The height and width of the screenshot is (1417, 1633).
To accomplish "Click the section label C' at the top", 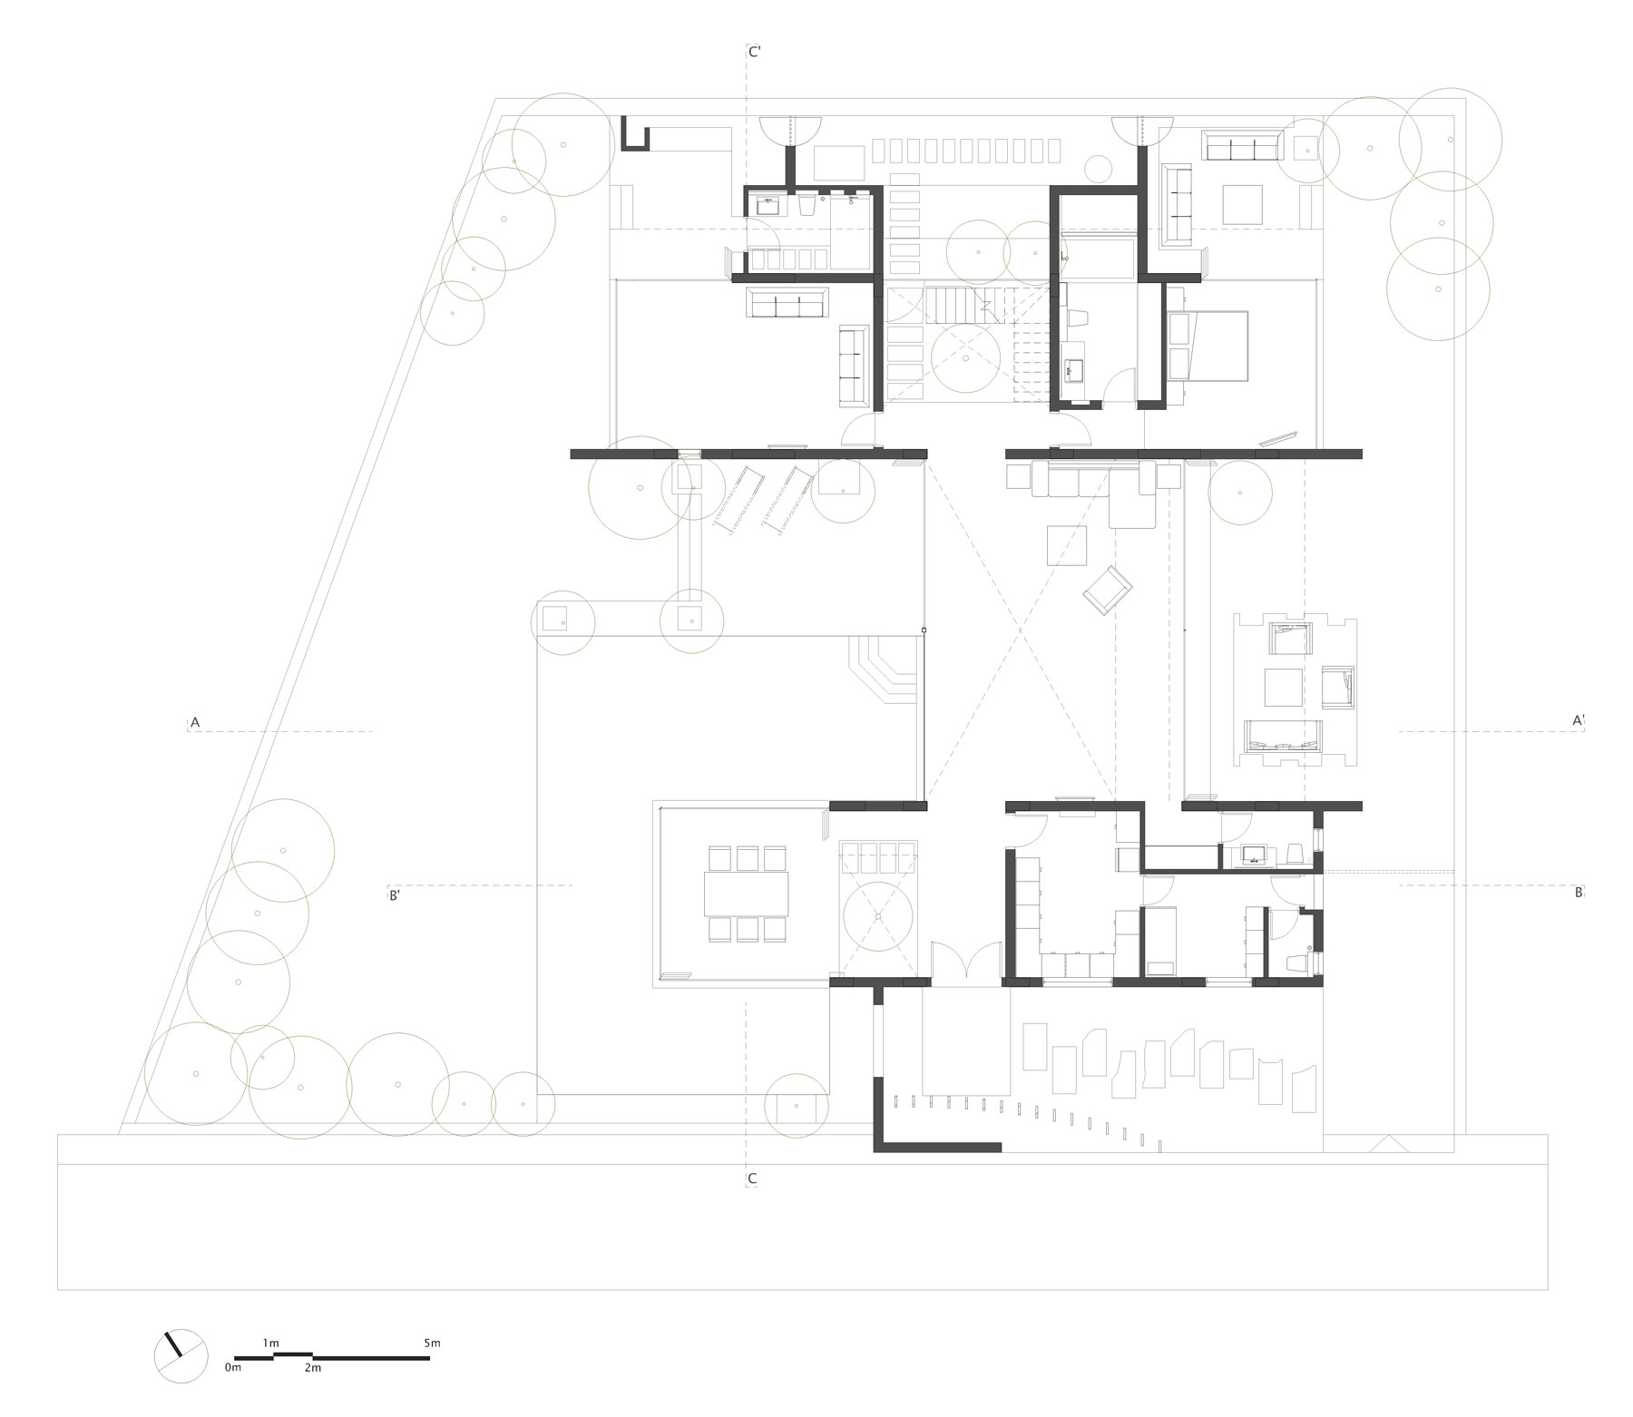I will coord(754,53).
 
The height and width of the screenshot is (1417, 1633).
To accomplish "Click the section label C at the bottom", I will coord(752,1179).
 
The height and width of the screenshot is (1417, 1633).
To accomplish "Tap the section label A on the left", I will coord(194,722).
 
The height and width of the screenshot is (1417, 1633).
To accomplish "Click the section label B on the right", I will coord(1578,893).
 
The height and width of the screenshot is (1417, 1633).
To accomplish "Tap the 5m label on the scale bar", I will coord(431,1343).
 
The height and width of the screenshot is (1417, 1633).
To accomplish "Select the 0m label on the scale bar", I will coord(233,1367).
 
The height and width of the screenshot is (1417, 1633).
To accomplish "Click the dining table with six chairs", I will coord(746,894).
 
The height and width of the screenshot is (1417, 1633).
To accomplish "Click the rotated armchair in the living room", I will coord(1107,590).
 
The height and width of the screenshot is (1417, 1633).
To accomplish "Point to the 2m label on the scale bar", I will coord(312,1367).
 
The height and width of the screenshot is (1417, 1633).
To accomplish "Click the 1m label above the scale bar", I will coord(270,1343).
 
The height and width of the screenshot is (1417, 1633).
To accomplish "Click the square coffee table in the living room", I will coord(1067,545).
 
